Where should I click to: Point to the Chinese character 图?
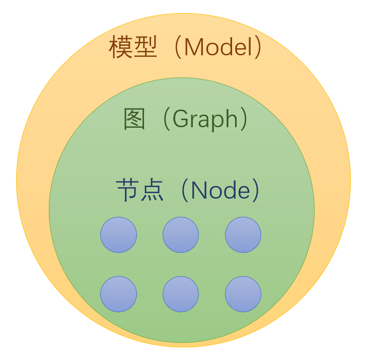(135, 119)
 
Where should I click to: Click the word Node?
(220, 191)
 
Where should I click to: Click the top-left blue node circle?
(118, 235)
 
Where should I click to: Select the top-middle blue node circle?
(181, 235)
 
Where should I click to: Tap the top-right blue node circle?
(243, 235)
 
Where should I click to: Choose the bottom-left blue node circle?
(118, 294)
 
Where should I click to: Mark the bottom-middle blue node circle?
(181, 294)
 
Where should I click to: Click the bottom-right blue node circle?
(243, 294)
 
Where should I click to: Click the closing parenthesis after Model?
(258, 48)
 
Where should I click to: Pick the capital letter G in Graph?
(180, 119)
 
